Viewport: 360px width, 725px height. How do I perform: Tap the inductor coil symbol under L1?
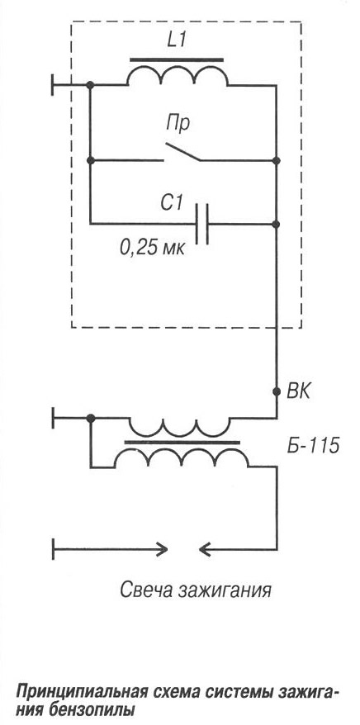pos(178,74)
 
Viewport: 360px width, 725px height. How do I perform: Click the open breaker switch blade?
pos(182,152)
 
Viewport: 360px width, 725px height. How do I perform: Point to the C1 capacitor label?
pos(171,203)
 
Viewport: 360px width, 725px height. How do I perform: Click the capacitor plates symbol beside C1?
pos(202,223)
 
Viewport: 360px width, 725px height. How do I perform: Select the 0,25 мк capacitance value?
pos(152,249)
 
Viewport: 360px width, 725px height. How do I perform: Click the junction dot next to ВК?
pos(277,391)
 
